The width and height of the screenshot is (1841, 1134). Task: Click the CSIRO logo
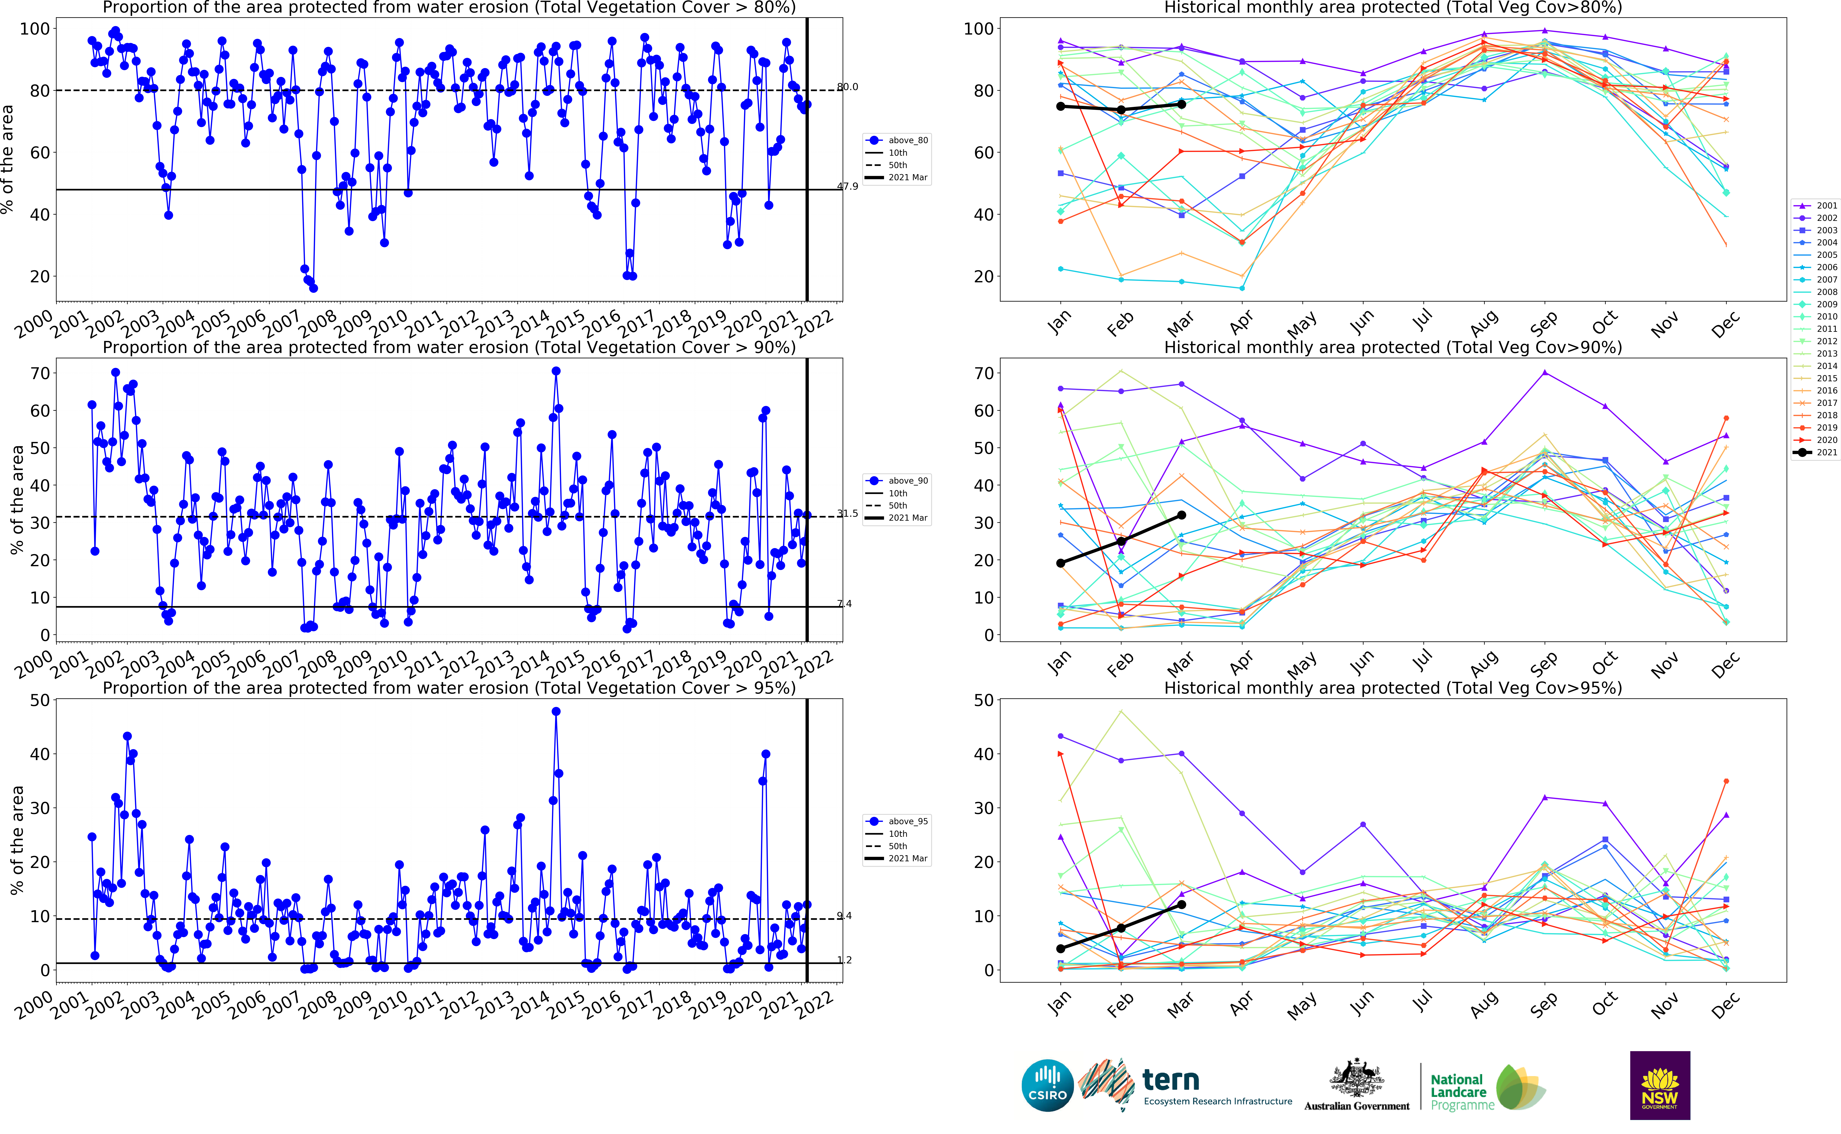1047,1085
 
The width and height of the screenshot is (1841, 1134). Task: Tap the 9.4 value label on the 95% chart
845,916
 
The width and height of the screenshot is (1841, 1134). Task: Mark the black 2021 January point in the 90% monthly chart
1060,563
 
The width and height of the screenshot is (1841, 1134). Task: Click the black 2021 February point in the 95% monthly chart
1121,928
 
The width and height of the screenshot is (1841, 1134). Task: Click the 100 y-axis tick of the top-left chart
35,29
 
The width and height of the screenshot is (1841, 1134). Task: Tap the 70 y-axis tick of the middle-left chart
40,373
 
